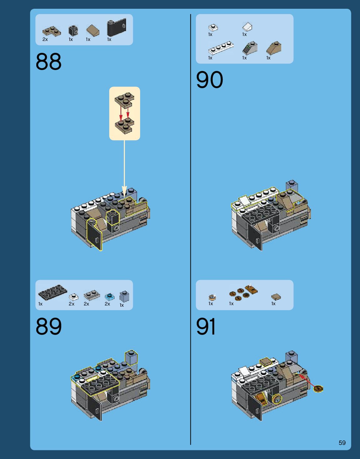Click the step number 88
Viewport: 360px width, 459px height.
pyautogui.click(x=48, y=62)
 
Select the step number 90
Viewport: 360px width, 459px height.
pyautogui.click(x=209, y=80)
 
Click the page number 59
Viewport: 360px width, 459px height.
pyautogui.click(x=342, y=443)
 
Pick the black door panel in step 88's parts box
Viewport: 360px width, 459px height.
pyautogui.click(x=116, y=28)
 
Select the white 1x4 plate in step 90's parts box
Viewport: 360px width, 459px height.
pyautogui.click(x=221, y=48)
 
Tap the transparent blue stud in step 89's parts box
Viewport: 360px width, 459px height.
pyautogui.click(x=109, y=296)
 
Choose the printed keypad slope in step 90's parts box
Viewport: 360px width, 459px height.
pyautogui.click(x=250, y=48)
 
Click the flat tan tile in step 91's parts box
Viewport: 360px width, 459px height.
pyautogui.click(x=276, y=296)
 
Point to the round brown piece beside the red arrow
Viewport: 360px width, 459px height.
pyautogui.click(x=318, y=389)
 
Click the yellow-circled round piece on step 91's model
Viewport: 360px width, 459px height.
pyautogui.click(x=276, y=399)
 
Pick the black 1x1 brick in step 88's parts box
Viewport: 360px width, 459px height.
pyautogui.click(x=73, y=30)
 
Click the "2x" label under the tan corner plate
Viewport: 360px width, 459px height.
pyautogui.click(x=45, y=39)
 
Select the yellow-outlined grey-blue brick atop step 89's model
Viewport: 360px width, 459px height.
pyautogui.click(x=131, y=358)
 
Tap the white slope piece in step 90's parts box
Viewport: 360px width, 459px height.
pyautogui.click(x=247, y=27)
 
